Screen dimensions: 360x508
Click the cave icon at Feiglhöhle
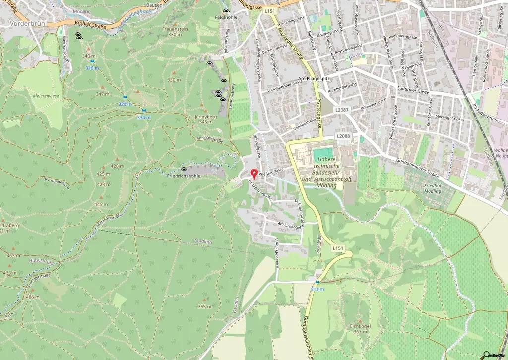tap(226, 11)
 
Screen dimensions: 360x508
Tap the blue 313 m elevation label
tap(317, 289)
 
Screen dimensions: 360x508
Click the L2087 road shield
tap(342, 109)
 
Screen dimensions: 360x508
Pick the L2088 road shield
tap(343, 136)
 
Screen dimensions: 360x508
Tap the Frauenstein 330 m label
tap(175, 32)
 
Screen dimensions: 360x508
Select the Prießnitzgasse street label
tap(271, 170)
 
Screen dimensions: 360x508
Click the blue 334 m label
tap(143, 117)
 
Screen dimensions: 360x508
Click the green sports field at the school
tap(323, 151)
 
